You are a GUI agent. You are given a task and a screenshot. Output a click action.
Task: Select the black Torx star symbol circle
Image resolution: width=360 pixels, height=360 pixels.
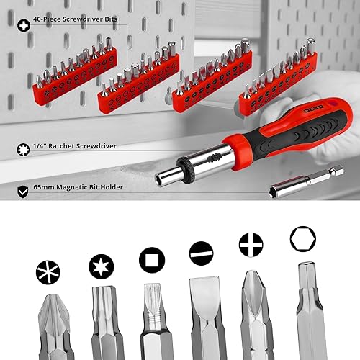click(100, 266)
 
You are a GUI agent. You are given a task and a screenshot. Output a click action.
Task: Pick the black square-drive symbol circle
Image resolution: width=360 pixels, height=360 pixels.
click(150, 258)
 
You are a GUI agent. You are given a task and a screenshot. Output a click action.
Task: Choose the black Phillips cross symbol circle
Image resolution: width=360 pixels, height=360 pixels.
click(251, 245)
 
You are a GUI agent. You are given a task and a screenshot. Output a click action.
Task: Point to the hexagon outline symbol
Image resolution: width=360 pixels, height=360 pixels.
click(301, 238)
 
